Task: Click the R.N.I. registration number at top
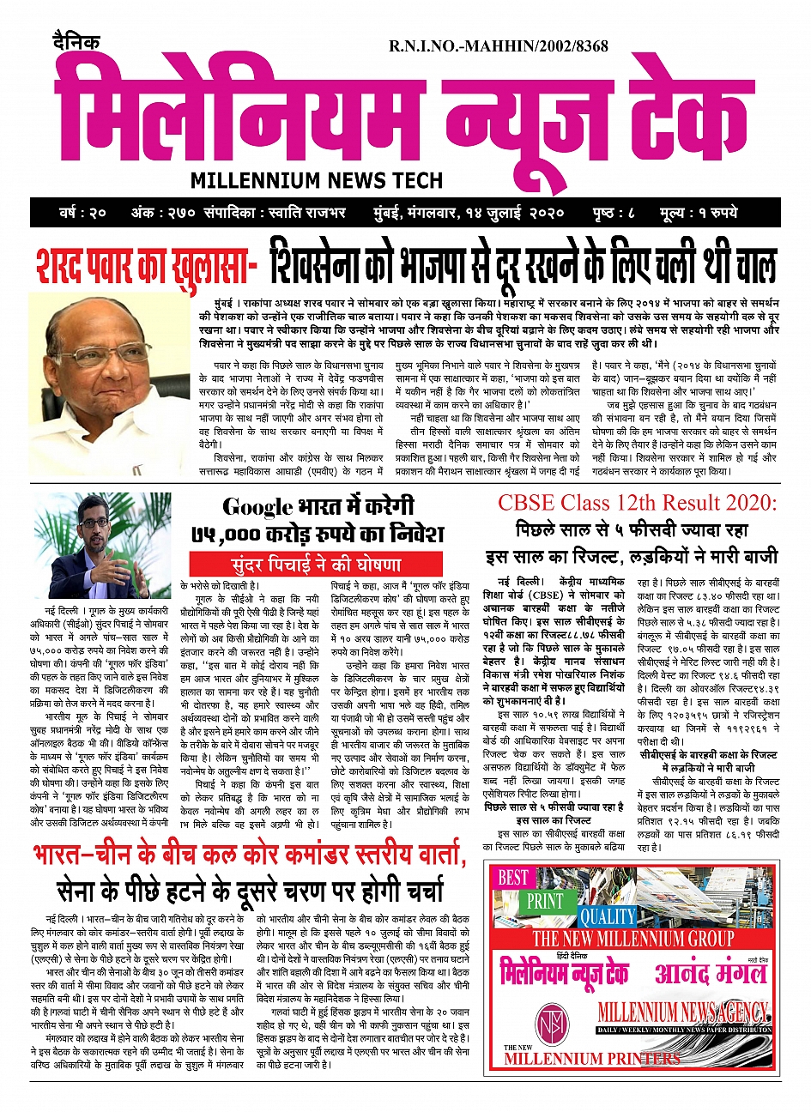[498, 46]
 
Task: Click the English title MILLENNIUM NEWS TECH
[317, 180]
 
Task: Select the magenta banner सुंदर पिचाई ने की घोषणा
[317, 565]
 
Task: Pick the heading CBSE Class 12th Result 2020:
[637, 502]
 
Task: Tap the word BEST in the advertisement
[513, 877]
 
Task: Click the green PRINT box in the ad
[544, 902]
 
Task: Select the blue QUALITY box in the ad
[608, 916]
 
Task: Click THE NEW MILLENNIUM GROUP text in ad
[633, 939]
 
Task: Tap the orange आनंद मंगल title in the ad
[710, 975]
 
